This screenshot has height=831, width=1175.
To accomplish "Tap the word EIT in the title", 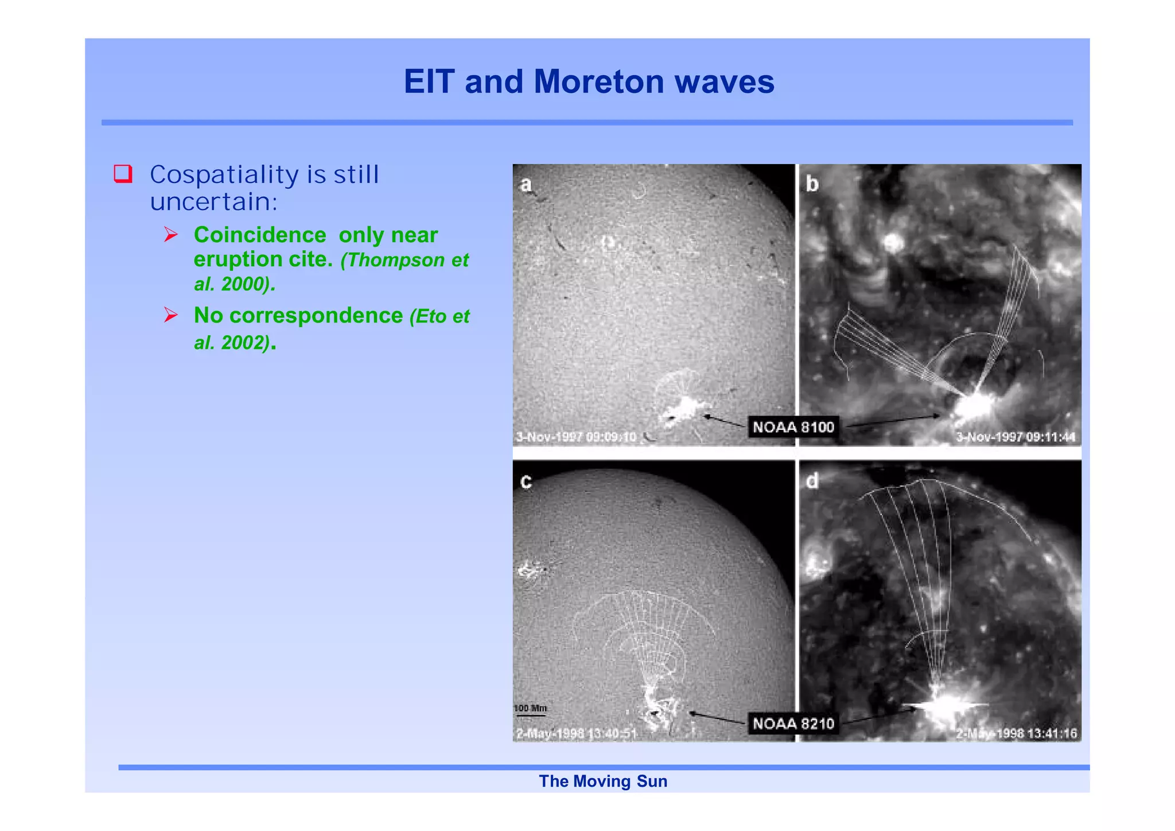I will point(429,81).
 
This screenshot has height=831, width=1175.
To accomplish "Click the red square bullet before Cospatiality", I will point(123,173).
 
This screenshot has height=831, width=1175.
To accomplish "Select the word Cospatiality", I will point(224,175).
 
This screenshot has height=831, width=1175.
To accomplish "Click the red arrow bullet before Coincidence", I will point(170,235).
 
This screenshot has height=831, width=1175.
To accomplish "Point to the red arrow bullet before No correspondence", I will point(170,315).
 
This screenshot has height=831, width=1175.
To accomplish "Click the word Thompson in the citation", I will point(396,260).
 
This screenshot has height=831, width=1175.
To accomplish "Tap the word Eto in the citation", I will point(430,316).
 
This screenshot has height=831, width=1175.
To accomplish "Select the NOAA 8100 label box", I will point(793,427).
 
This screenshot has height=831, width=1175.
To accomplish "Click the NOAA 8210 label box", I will point(793,723).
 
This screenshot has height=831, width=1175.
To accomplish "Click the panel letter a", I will point(526,185).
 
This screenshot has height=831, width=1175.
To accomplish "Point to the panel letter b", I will point(812,184).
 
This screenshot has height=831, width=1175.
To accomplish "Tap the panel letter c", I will point(526,481).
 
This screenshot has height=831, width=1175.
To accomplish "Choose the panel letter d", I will point(812,481).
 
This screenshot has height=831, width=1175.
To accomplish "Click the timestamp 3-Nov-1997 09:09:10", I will point(576,437).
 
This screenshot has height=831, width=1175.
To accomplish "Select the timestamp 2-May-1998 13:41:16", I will point(1016,733).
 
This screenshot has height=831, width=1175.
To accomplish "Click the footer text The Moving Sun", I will point(603,781).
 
